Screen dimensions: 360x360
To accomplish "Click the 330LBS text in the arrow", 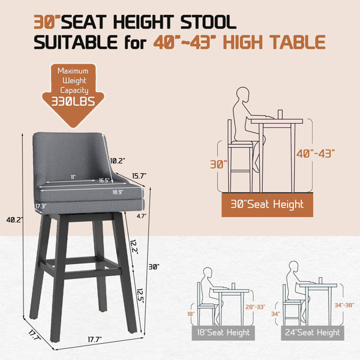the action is coord(73,101).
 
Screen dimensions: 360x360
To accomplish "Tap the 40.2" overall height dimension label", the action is coord(14,220).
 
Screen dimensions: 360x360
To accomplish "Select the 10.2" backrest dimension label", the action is coord(118,161).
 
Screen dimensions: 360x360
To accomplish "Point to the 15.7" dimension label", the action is coord(139,176).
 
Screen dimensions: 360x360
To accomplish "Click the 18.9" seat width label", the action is coord(118,192).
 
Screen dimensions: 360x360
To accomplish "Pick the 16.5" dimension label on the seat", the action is coord(104,181).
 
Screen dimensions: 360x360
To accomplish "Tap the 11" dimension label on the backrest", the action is coord(73,177).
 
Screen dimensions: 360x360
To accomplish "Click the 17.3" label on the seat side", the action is coord(41,206).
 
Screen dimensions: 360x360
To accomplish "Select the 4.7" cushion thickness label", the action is coord(142,216).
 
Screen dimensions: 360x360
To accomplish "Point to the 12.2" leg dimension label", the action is coord(134,247).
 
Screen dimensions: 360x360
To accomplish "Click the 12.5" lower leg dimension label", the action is coord(140,296).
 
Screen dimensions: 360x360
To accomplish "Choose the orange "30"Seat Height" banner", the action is coord(267,205).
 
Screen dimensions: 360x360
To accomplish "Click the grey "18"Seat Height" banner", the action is coord(223,332).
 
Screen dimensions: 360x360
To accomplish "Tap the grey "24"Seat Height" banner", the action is coord(313,332).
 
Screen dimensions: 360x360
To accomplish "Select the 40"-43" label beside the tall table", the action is coord(316,154).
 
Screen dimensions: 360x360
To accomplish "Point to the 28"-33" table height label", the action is coord(256,307).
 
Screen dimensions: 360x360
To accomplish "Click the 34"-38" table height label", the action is coord(344,305).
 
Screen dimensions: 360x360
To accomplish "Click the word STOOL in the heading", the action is coord(208,22).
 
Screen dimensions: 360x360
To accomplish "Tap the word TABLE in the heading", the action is coord(297,42).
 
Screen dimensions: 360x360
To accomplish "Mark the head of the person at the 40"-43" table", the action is coord(243,95).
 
